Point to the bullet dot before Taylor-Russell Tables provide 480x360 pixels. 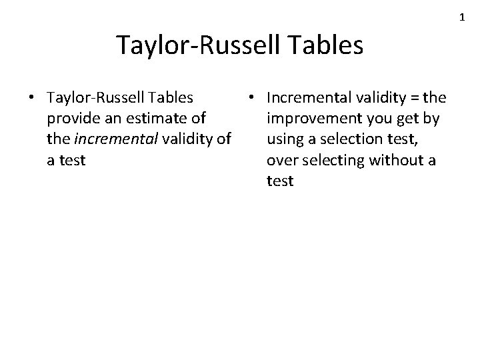pos(32,99)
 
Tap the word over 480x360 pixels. pos(280,161)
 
